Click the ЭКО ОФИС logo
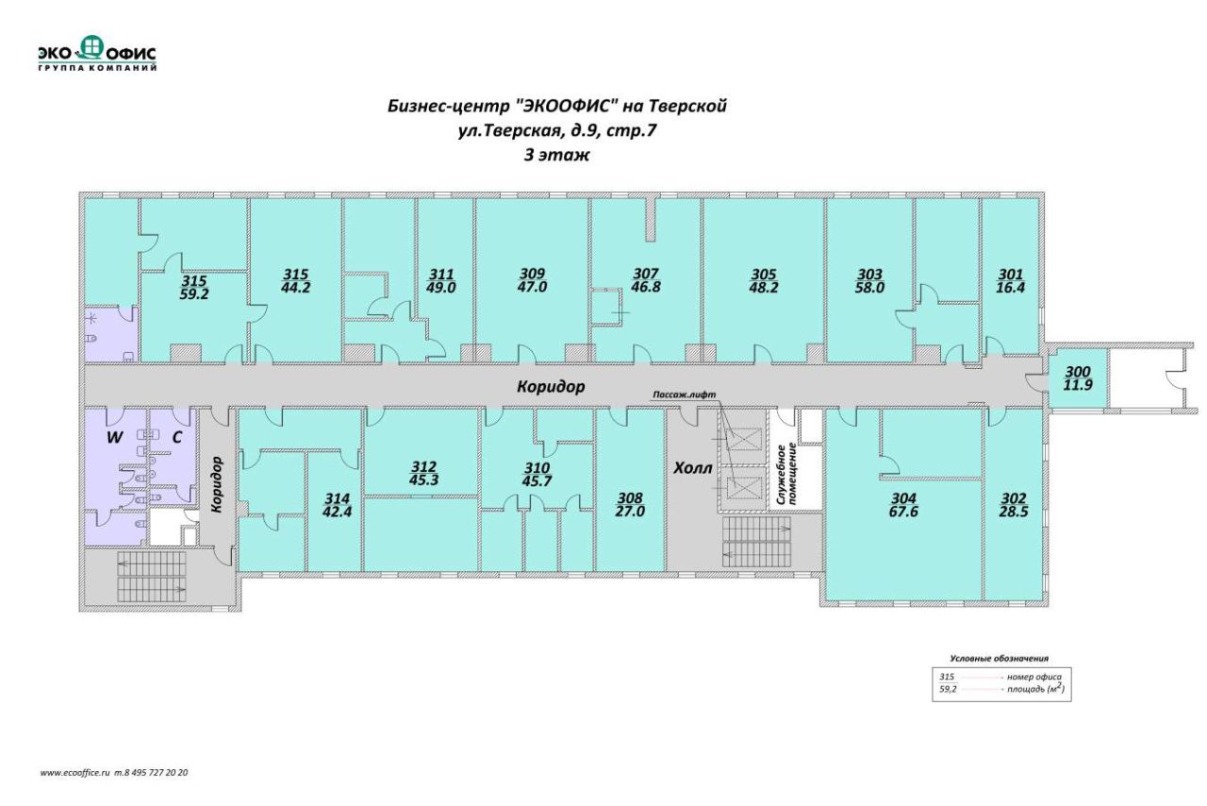point(97,54)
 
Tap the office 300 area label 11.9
point(1078,386)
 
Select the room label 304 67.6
point(903,505)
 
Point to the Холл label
point(693,468)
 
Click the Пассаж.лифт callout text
point(685,395)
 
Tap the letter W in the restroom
point(114,438)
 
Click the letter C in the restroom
point(176,438)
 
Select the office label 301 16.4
point(1010,281)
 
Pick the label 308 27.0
point(630,505)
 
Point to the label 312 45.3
point(423,473)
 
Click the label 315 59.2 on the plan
point(194,288)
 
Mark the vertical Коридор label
point(217,484)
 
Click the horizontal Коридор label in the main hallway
point(551,387)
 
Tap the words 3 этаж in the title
point(556,156)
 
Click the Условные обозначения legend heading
point(999,658)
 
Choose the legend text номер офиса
point(1034,677)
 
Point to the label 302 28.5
point(1014,505)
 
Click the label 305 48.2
point(764,281)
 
